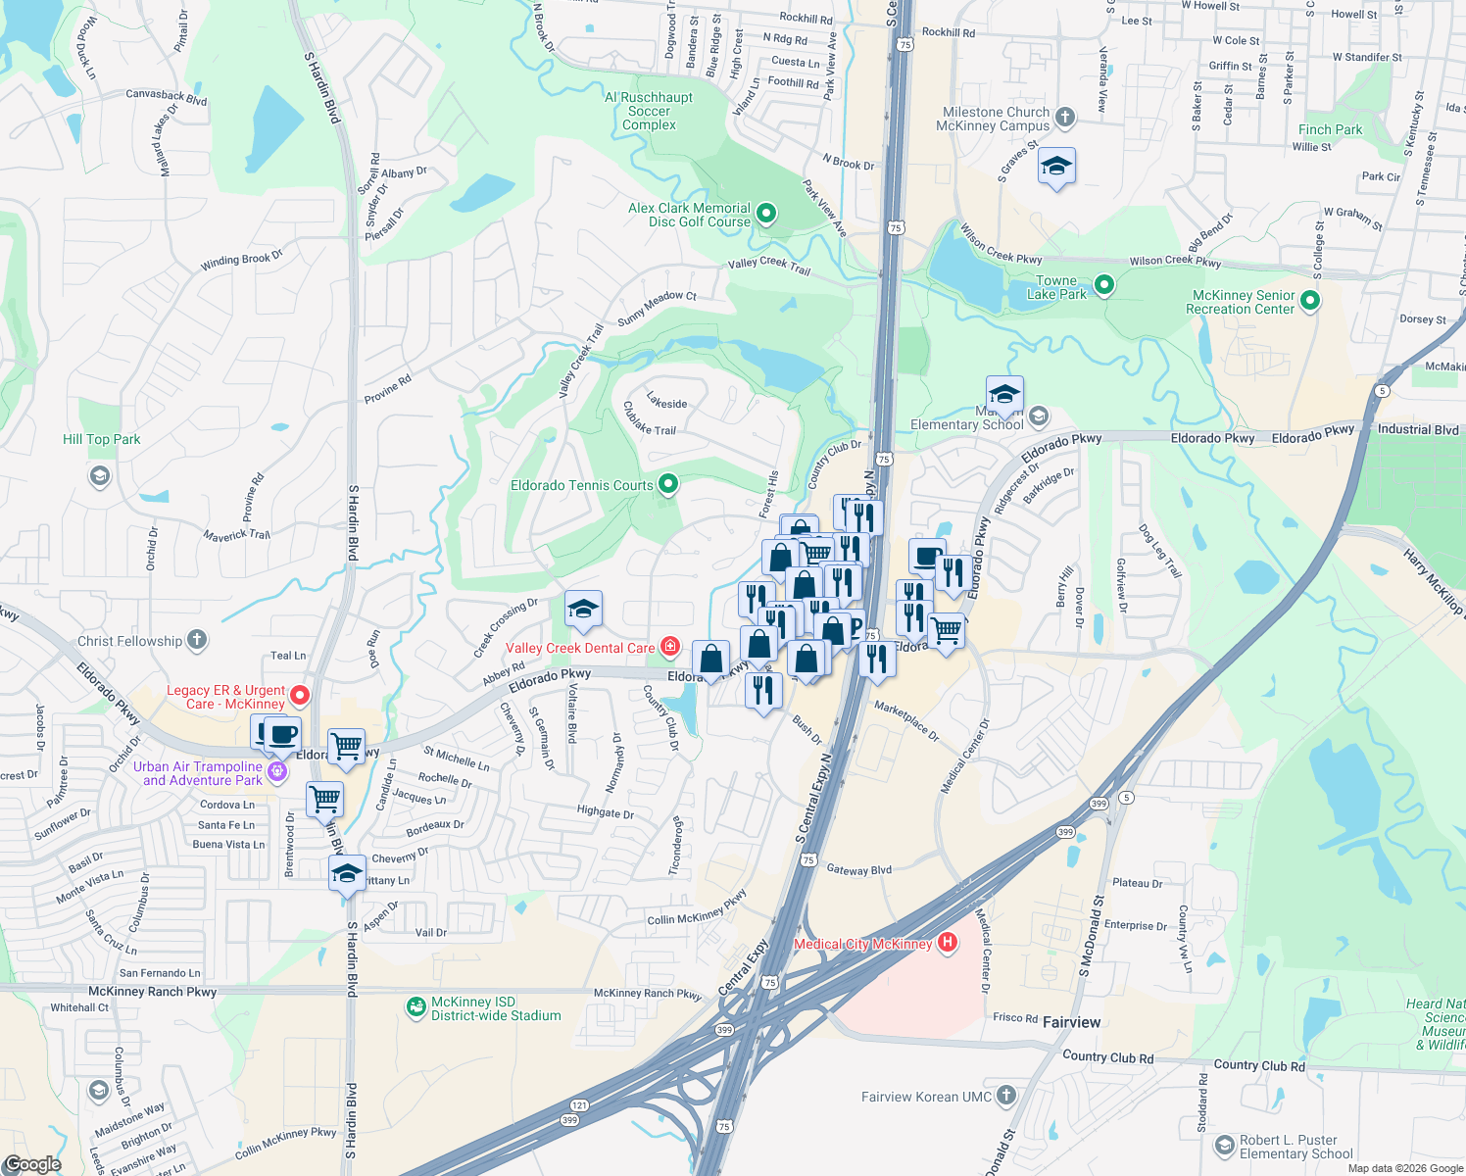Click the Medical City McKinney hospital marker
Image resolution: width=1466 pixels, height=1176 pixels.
tap(947, 943)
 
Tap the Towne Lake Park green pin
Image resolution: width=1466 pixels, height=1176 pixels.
tap(1104, 285)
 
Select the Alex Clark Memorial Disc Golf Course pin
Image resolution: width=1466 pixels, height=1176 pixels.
tap(767, 213)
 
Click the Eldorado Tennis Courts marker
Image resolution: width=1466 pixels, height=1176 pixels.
tap(668, 484)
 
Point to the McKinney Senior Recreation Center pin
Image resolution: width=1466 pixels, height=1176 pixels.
tap(1310, 301)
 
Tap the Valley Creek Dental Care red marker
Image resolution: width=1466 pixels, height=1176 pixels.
tap(670, 646)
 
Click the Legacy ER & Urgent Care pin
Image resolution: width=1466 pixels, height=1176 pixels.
tap(300, 696)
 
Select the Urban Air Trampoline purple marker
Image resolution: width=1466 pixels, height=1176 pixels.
tap(278, 771)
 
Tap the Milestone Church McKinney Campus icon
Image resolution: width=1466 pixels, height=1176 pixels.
tap(1065, 118)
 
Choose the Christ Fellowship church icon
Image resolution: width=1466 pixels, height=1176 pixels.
tap(197, 640)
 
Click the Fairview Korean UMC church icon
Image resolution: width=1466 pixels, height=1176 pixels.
tap(1006, 1096)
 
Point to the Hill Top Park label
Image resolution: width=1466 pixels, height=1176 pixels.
tap(101, 439)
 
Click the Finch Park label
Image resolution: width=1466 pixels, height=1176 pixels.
tap(1330, 129)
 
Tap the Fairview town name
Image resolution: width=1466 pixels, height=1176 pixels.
tap(1071, 1022)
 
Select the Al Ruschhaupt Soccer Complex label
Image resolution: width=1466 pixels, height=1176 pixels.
tap(649, 111)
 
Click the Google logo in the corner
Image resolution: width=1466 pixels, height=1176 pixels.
tap(32, 1164)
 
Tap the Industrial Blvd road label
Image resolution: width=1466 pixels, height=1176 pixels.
tap(1418, 429)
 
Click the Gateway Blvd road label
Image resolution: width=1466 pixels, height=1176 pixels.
tap(859, 869)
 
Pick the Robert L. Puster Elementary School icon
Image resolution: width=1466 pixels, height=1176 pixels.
tap(1224, 1145)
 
